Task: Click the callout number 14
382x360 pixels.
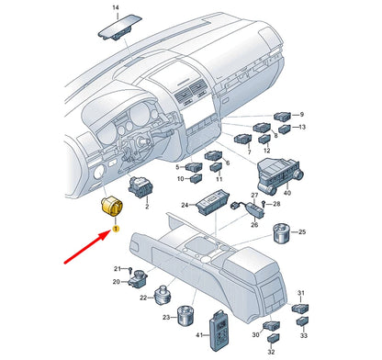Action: tap(115, 7)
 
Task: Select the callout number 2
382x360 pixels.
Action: tap(146, 208)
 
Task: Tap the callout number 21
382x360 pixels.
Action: tap(118, 267)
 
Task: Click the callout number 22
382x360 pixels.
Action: tap(143, 298)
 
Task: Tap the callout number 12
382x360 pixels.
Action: tap(266, 149)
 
